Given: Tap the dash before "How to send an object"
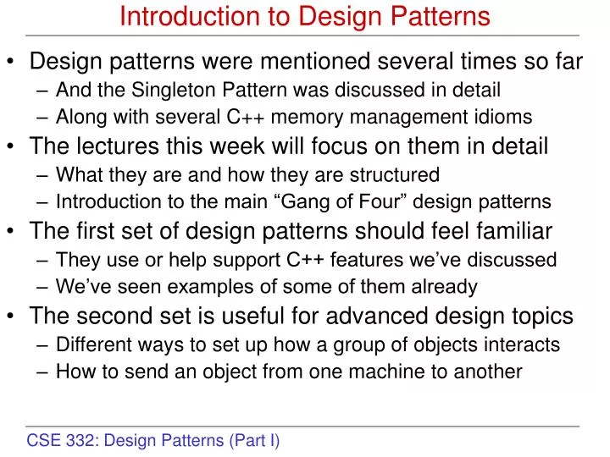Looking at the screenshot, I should pos(44,372).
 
